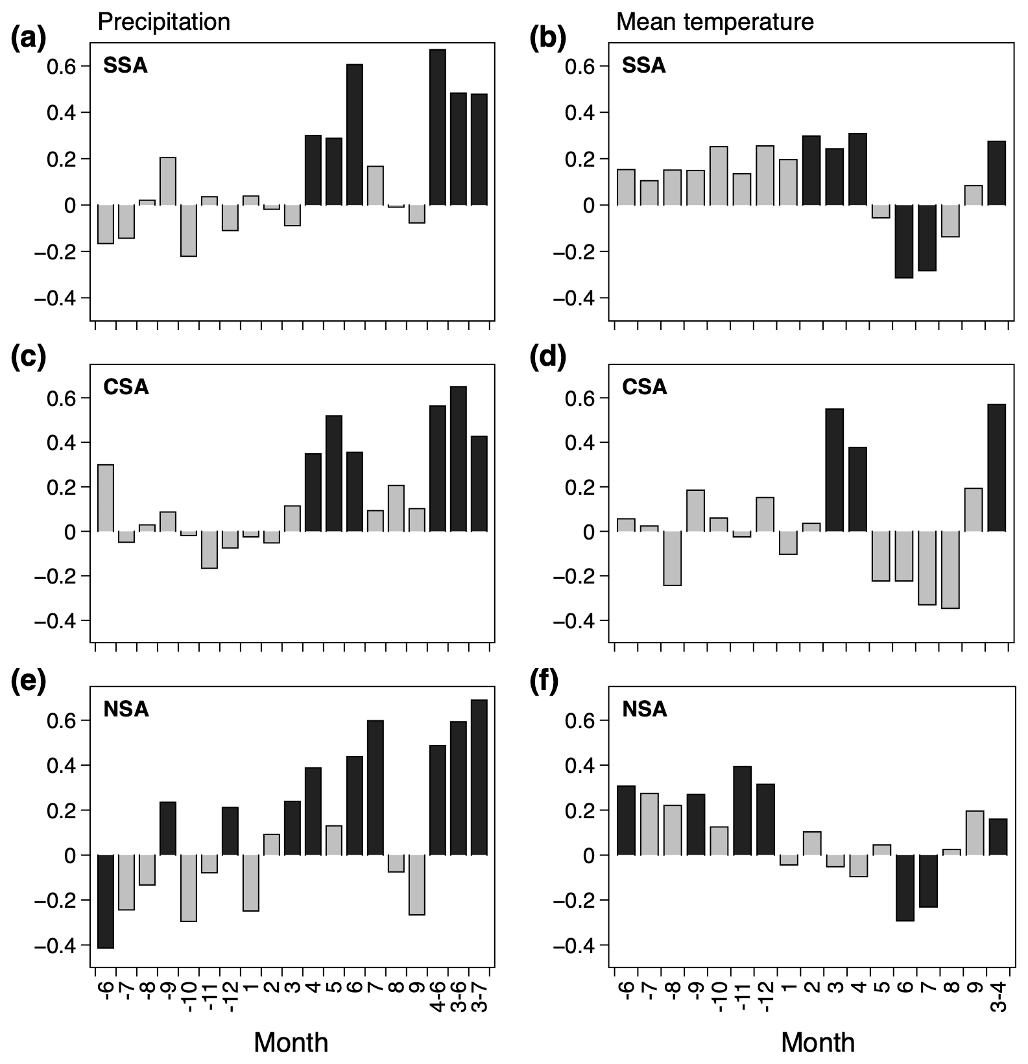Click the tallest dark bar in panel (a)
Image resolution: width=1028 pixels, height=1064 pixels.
(x=437, y=127)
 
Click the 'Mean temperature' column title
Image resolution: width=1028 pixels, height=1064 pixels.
(x=715, y=22)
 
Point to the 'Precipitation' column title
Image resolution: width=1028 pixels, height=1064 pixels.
(x=163, y=22)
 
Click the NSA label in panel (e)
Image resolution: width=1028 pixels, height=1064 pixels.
(x=126, y=709)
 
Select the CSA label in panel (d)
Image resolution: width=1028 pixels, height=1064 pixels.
(x=644, y=387)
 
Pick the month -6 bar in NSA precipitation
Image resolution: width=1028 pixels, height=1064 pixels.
(x=106, y=901)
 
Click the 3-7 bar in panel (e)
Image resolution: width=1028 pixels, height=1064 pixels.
(x=479, y=777)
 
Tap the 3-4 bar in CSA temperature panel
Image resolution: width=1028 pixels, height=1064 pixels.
(x=996, y=467)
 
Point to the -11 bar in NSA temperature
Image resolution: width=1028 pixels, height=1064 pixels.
(x=743, y=810)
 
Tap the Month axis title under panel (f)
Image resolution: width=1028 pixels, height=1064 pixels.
(x=817, y=1042)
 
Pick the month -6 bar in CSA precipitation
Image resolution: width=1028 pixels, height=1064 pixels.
(x=106, y=498)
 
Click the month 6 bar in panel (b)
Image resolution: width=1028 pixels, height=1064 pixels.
(x=904, y=241)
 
